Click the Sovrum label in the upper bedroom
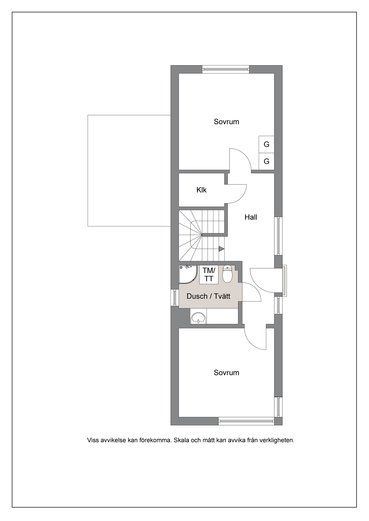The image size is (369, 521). click(x=226, y=122)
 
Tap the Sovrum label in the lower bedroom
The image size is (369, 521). click(x=226, y=373)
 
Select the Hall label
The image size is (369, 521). click(x=251, y=217)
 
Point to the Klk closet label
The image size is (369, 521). click(x=202, y=190)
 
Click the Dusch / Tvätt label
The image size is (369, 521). click(x=208, y=296)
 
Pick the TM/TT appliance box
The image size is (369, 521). click(x=209, y=274)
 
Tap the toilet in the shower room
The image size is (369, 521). click(x=227, y=274)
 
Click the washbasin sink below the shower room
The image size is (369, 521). click(x=198, y=318)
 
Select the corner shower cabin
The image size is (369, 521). click(x=188, y=275)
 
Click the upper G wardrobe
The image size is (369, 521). click(x=266, y=145)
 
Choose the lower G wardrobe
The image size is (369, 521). click(x=266, y=161)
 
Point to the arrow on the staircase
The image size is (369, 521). click(x=221, y=249)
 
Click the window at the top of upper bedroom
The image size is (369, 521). click(x=225, y=69)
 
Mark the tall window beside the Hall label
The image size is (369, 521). click(x=278, y=236)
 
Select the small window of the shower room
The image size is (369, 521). click(x=175, y=297)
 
